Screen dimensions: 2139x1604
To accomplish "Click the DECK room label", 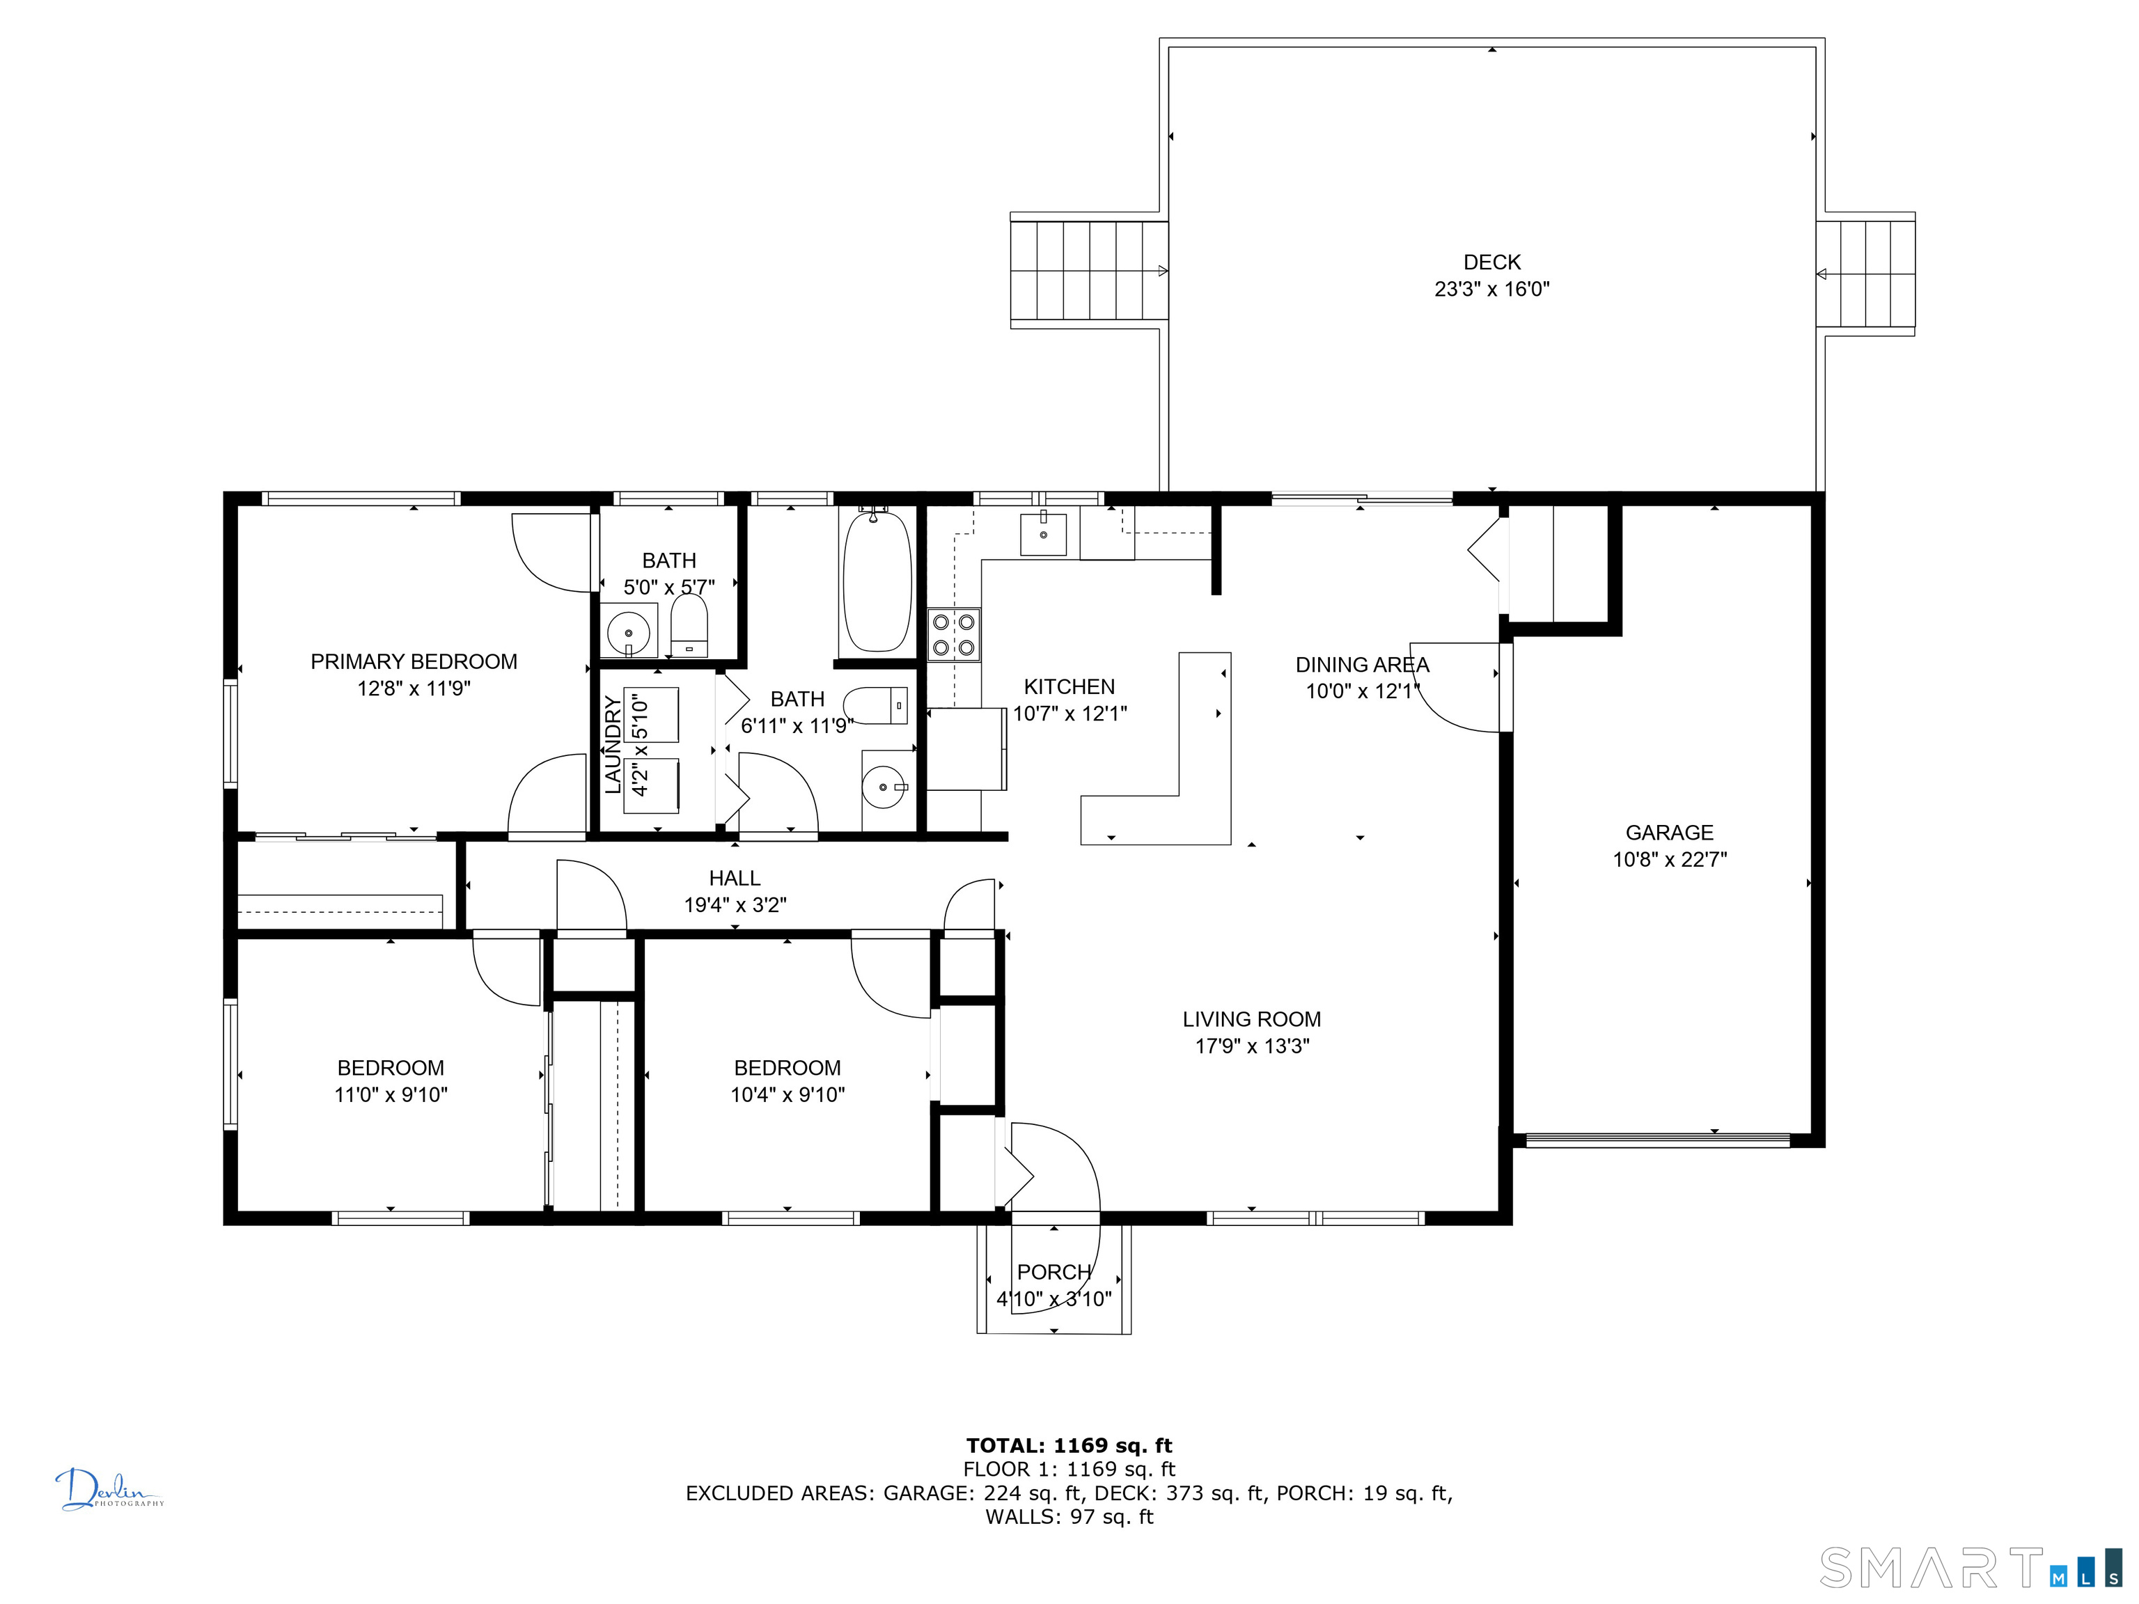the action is [1491, 262].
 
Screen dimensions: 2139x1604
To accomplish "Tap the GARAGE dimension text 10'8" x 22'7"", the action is [1669, 860].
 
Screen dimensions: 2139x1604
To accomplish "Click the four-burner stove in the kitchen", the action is [953, 634].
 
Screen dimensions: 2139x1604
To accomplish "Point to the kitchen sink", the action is [1044, 535].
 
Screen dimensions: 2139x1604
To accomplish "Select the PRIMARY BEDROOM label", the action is [414, 661].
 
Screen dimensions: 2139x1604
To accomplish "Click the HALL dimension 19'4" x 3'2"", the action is [735, 905].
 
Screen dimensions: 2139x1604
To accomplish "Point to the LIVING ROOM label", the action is [1251, 1019].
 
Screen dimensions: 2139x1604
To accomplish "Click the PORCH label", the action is [1054, 1273].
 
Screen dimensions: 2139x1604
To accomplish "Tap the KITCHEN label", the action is [1069, 686].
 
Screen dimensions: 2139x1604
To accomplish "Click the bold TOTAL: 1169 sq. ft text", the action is [1069, 1445].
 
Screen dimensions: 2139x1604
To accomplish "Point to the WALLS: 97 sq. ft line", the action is [1069, 1517].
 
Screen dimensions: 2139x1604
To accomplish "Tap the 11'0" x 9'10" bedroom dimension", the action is [391, 1094].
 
